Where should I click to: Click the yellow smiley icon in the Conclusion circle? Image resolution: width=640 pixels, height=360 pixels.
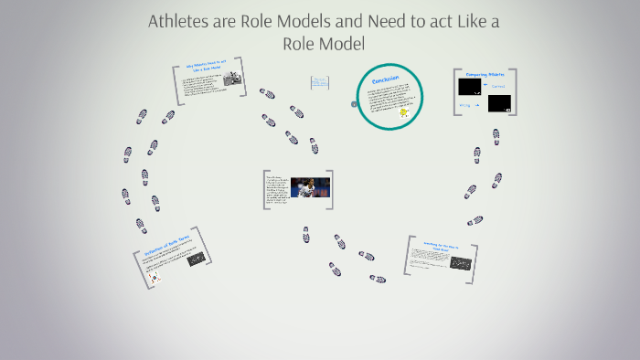pos(403,112)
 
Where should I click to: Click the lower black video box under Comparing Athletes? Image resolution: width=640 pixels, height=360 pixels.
pos(499,104)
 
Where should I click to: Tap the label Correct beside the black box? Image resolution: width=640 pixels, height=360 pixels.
pos(498,87)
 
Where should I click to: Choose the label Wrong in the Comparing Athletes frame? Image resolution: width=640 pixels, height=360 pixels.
pos(464,105)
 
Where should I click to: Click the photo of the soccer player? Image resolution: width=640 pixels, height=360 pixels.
pos(310,188)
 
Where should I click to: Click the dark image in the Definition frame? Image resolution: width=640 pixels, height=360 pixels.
pos(196,259)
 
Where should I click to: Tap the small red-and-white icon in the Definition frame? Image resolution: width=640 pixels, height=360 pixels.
pos(155,276)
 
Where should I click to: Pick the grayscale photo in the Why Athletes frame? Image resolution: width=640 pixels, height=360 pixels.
pos(231,81)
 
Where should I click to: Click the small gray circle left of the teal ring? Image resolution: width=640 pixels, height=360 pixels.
pos(353,104)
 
